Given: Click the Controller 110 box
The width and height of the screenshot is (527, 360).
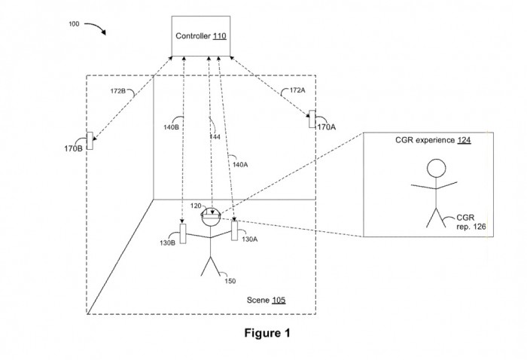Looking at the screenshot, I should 201,35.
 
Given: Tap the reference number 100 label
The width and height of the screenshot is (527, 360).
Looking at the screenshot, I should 74,24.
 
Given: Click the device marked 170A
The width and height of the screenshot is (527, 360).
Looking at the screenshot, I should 311,119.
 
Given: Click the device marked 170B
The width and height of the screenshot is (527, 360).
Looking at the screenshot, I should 90,141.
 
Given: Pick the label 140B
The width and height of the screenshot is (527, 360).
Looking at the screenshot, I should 172,127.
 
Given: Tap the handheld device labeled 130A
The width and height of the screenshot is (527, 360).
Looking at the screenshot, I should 235,232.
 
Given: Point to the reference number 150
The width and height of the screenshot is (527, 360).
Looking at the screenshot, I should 230,282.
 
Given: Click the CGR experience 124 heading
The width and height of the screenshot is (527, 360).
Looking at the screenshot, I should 433,141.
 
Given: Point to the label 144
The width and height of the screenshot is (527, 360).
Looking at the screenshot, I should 215,139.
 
